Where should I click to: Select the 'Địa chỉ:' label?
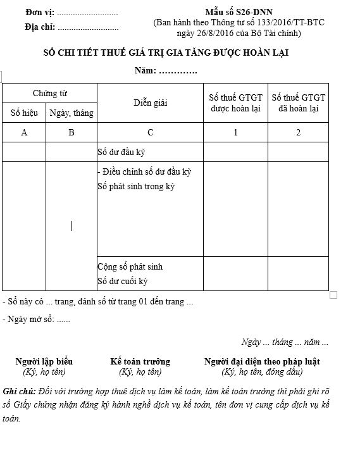pos(40,27)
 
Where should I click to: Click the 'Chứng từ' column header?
pos(50,93)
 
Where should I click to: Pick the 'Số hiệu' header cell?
pos(25,113)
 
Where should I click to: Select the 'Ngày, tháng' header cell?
pos(71,113)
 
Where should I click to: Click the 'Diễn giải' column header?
pos(151,103)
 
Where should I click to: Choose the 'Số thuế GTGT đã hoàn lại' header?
pos(299,103)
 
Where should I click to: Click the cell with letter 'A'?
pos(25,132)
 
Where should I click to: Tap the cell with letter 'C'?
pos(151,132)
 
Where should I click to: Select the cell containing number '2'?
pos(299,132)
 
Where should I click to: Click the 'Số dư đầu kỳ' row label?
pos(121,153)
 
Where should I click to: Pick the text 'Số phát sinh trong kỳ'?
pos(136,187)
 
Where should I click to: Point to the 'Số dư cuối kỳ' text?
pos(123,281)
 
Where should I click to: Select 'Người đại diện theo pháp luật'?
pos(262,361)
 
